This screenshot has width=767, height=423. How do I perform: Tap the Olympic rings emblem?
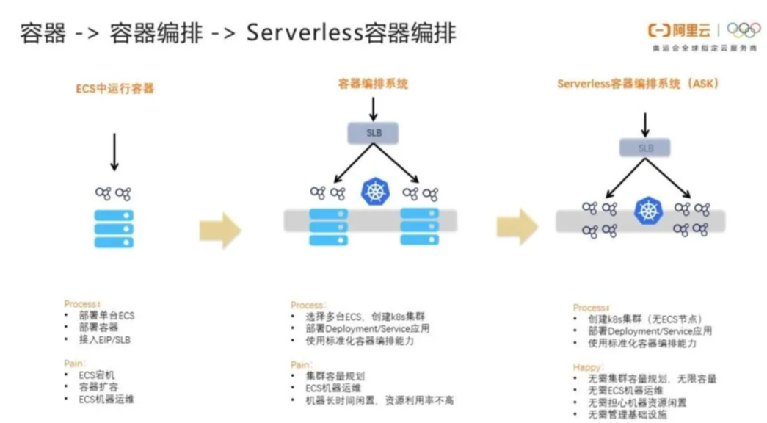click(x=744, y=29)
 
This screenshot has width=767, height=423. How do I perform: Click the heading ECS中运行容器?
click(x=115, y=89)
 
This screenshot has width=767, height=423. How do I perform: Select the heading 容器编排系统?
click(x=373, y=84)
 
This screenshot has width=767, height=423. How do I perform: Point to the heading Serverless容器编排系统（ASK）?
click(x=638, y=84)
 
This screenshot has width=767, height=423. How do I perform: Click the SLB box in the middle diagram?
click(x=374, y=132)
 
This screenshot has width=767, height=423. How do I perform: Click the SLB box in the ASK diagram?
click(x=645, y=148)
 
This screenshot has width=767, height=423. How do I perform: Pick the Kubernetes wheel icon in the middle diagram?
click(x=376, y=192)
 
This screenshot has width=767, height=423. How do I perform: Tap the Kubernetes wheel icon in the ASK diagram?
click(x=647, y=211)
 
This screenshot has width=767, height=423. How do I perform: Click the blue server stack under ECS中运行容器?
click(x=114, y=229)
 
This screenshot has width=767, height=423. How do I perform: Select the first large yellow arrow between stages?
click(x=220, y=230)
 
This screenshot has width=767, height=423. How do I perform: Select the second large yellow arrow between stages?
click(x=517, y=226)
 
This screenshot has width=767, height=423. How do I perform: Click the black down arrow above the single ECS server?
click(x=114, y=152)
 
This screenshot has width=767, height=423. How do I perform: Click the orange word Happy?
click(x=587, y=366)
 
